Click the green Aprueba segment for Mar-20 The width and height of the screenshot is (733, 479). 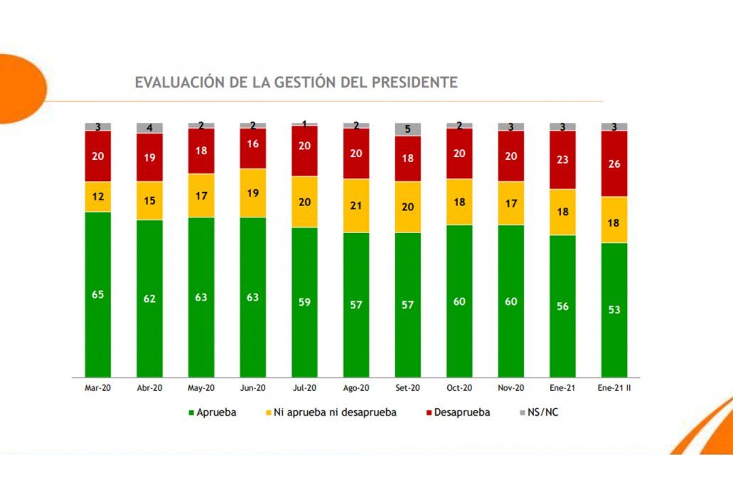(98, 294)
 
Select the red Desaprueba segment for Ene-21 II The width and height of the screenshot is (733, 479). (614, 163)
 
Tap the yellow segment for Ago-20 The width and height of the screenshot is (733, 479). (356, 205)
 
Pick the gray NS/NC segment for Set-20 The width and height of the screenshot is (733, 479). (408, 129)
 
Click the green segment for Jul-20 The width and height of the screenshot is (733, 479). (304, 302)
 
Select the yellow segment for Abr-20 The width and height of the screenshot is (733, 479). (150, 200)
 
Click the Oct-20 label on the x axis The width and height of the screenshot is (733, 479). (459, 389)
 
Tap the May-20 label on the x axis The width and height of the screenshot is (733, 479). (201, 389)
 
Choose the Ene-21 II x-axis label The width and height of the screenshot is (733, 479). (614, 389)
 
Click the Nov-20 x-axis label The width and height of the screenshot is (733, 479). (511, 389)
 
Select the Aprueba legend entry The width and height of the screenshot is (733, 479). (213, 412)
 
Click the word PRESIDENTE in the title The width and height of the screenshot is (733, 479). (414, 82)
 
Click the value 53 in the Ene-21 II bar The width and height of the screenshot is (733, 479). (614, 310)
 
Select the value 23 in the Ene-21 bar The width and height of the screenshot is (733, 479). (562, 160)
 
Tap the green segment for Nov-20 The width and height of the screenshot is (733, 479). (511, 301)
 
